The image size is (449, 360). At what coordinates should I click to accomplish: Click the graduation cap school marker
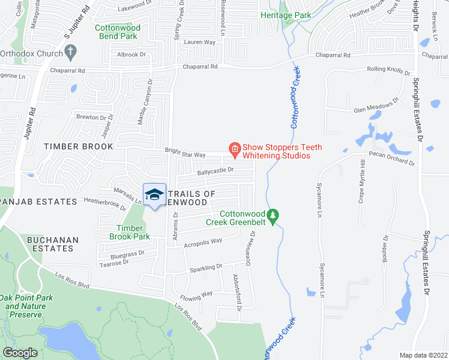154,194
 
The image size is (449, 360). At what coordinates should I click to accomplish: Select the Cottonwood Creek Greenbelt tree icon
273,215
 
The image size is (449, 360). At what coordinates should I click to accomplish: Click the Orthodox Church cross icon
70,52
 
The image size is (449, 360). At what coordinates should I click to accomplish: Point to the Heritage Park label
285,14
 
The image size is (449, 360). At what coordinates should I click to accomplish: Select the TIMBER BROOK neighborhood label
78,146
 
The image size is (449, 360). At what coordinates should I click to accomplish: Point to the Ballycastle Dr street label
215,170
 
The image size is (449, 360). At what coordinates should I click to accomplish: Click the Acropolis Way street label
203,241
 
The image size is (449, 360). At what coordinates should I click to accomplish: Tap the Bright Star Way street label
186,154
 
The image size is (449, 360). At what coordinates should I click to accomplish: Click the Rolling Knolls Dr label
387,70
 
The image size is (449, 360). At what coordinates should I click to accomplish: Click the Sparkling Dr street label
206,266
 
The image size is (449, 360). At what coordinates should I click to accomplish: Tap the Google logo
20,353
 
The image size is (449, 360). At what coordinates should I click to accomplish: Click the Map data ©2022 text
423,355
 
